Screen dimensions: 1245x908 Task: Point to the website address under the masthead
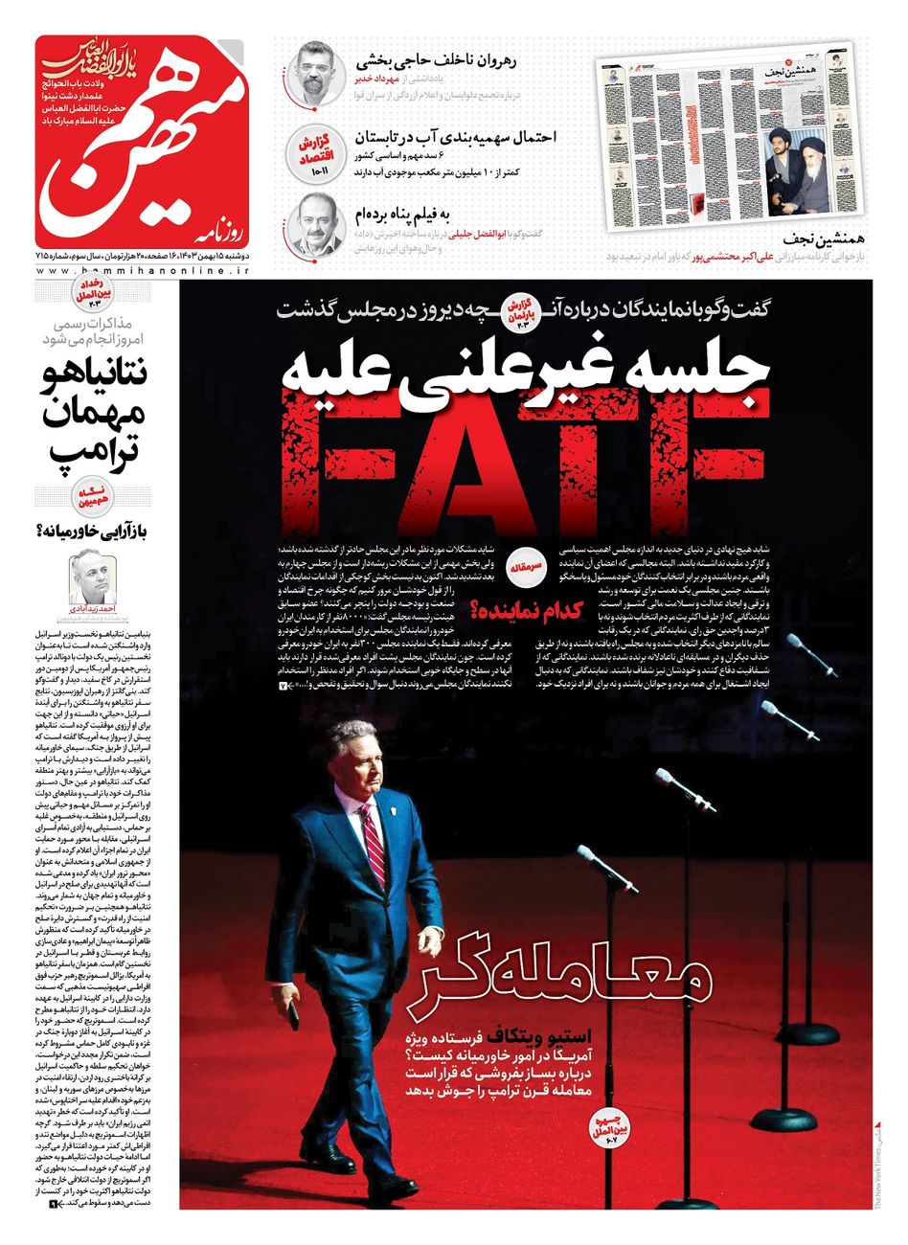pos(142,272)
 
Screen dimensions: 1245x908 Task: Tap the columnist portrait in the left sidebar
pos(90,577)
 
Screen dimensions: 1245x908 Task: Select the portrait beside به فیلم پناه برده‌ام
pos(313,223)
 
